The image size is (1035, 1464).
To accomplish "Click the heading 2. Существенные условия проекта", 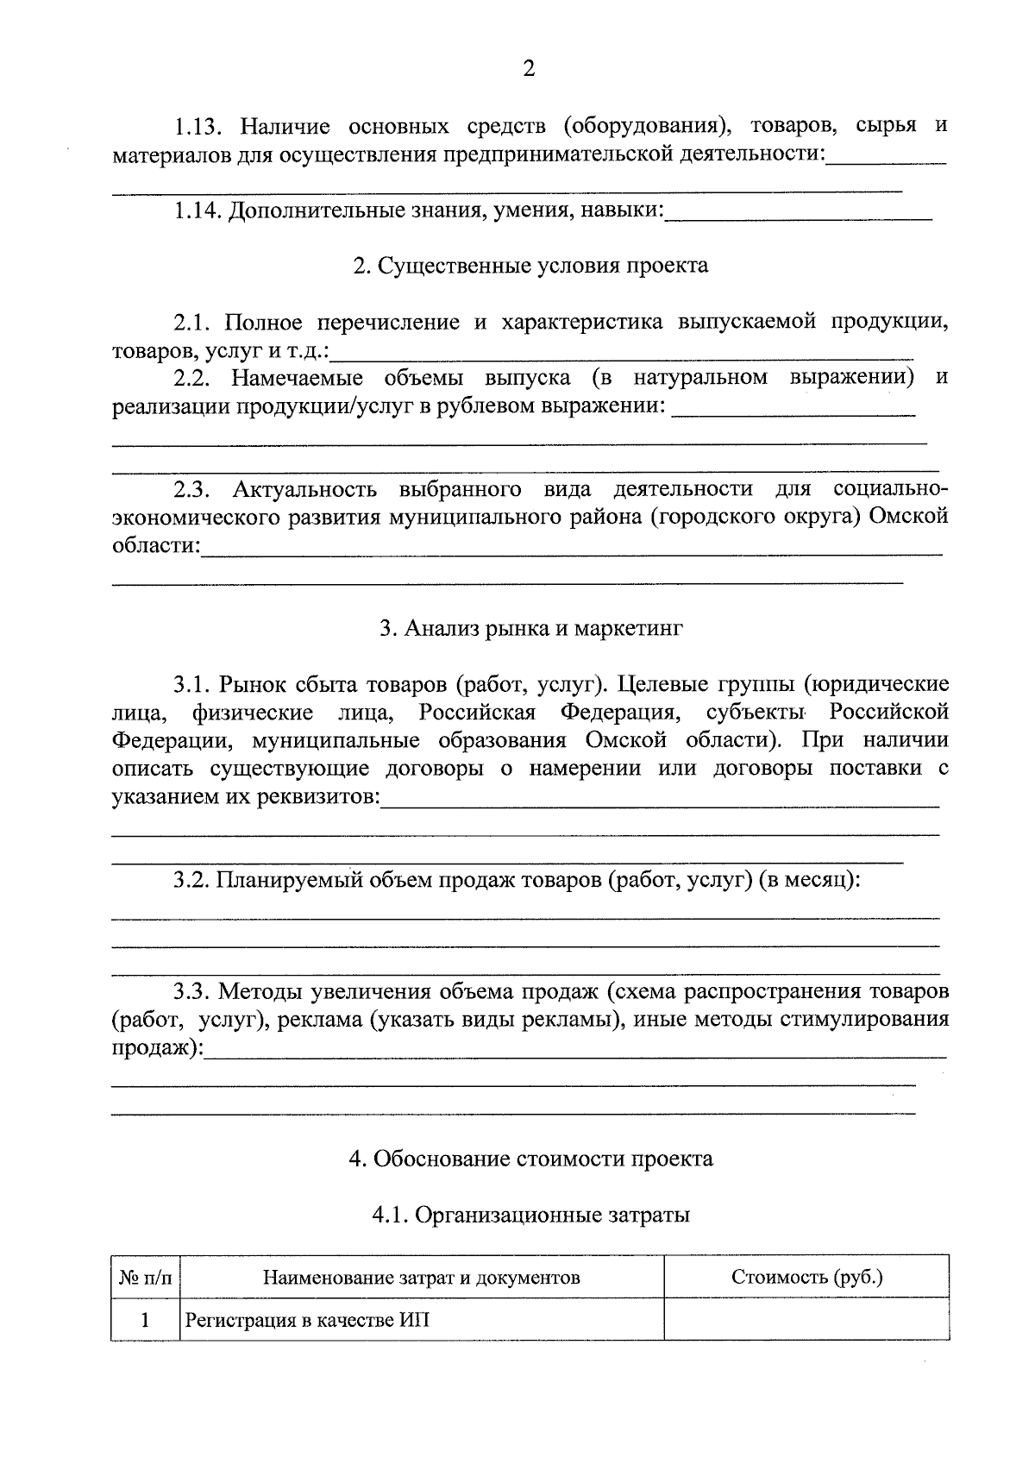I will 530,266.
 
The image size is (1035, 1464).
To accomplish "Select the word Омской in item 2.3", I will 909,518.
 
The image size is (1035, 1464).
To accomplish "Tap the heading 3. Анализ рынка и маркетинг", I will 530,629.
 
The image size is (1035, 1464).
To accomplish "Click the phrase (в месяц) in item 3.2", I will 809,881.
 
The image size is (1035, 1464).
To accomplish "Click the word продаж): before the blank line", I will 158,1048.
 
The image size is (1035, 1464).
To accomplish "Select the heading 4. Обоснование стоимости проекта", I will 530,1159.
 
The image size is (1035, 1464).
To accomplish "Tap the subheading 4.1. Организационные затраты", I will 530,1216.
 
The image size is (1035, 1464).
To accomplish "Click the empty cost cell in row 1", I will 806,1321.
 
